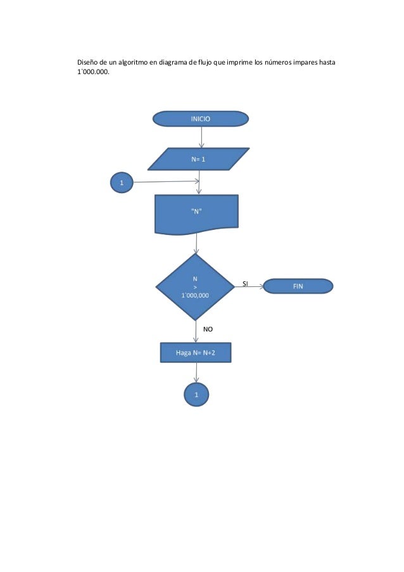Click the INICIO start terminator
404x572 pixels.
coord(201,118)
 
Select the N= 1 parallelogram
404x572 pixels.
coord(198,159)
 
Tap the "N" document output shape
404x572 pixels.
coord(196,213)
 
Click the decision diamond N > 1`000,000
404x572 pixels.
coord(196,286)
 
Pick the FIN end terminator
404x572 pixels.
coord(298,286)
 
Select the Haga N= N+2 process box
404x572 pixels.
coord(196,353)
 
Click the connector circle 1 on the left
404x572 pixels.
coord(122,183)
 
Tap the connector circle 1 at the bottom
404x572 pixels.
coord(196,394)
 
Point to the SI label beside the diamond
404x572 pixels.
coord(246,284)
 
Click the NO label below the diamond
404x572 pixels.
coord(208,329)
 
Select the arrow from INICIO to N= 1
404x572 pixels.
coord(201,137)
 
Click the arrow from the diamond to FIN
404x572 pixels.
coord(248,287)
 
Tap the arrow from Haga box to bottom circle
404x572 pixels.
coord(196,373)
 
